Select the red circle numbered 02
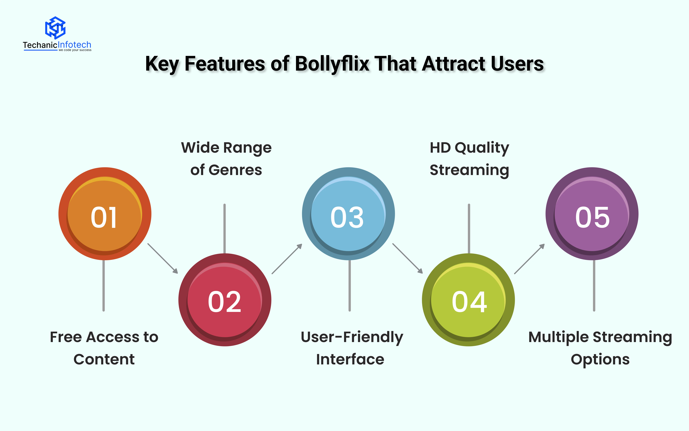tap(225, 300)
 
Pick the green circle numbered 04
tap(468, 300)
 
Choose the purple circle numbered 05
tap(592, 214)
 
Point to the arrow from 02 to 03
tap(287, 259)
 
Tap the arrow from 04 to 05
tap(529, 259)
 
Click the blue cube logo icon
tap(55, 28)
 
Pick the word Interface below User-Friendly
tap(350, 359)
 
